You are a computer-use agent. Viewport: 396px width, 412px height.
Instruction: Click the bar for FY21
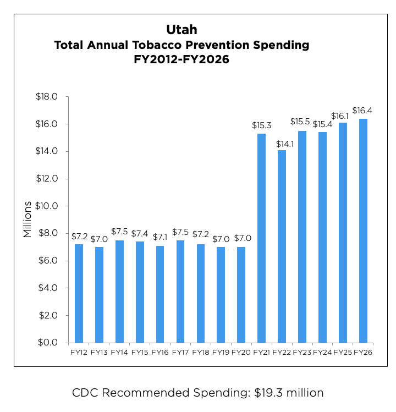pos(261,238)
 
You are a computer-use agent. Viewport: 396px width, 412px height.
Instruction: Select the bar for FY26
pos(363,231)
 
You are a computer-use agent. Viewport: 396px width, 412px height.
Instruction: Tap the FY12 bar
pos(79,293)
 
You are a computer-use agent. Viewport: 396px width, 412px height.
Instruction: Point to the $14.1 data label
pos(282,144)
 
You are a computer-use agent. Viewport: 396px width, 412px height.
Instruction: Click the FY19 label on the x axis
pos(221,351)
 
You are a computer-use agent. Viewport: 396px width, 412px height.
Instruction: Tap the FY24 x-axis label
pos(322,351)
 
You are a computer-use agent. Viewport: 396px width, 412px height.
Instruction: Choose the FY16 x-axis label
pos(159,351)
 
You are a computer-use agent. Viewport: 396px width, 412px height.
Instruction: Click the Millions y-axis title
pos(28,218)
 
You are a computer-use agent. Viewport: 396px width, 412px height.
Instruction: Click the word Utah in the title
pos(181,29)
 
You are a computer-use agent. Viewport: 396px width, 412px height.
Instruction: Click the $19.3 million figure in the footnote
pos(289,393)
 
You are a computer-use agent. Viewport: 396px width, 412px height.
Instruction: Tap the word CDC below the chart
pos(85,393)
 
